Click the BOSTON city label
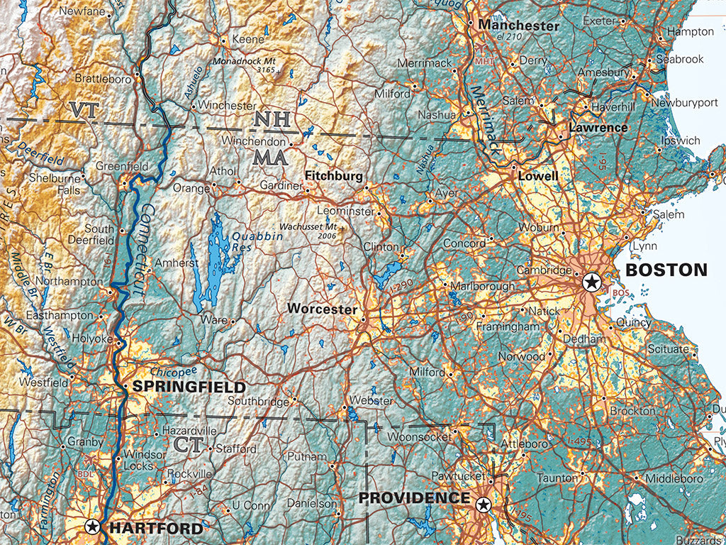click(666, 270)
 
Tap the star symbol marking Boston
click(591, 283)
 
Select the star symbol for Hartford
click(92, 527)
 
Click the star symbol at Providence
click(484, 505)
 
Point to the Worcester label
click(322, 309)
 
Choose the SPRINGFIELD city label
click(189, 387)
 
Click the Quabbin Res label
click(255, 241)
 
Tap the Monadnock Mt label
click(246, 62)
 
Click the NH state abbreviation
click(272, 119)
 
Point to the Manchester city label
click(519, 26)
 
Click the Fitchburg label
click(334, 175)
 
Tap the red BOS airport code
click(620, 292)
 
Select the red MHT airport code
click(485, 61)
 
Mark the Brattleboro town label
click(103, 79)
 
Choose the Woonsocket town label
click(419, 436)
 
